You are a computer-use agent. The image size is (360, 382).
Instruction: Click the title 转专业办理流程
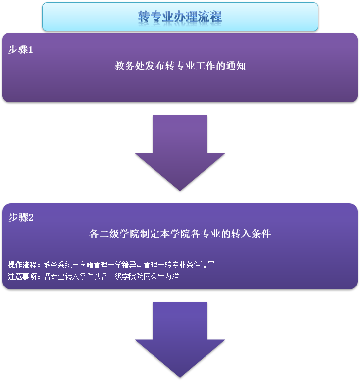tap(180, 17)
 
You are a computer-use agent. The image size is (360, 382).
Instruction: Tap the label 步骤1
tap(21, 49)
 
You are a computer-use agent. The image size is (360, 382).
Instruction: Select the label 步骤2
tap(21, 217)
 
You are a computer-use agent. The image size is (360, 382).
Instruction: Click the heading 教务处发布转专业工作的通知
tap(180, 66)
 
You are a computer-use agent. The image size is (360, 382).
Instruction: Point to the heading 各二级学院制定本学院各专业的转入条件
tap(180, 234)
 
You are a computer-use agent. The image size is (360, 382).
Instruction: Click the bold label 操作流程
tap(24, 265)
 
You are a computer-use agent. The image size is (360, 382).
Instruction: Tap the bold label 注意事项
tap(24, 277)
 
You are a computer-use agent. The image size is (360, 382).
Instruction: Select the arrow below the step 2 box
tap(180, 339)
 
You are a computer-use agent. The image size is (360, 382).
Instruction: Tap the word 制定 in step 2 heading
tap(147, 234)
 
